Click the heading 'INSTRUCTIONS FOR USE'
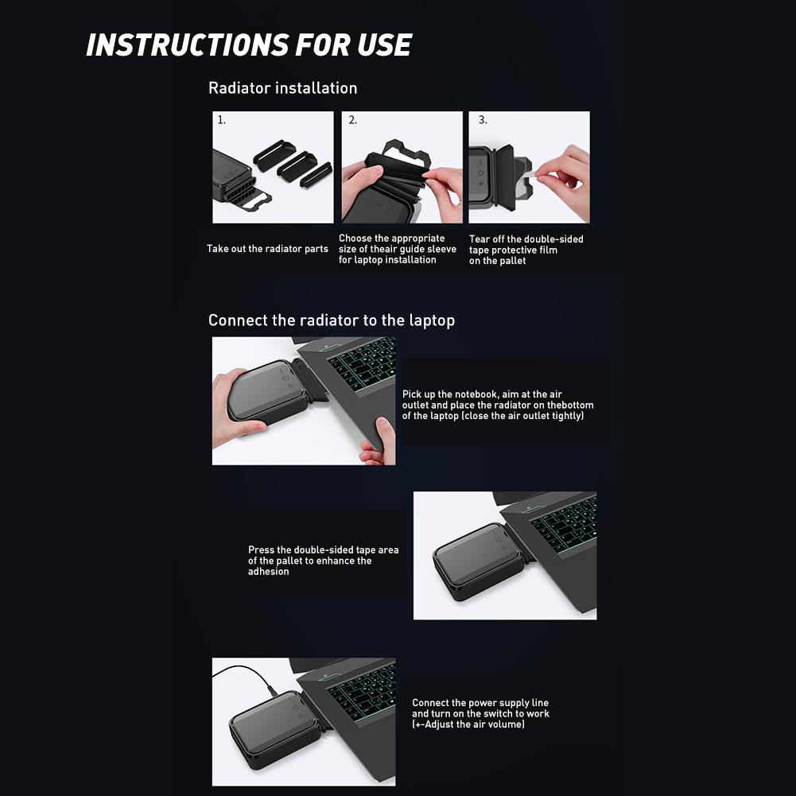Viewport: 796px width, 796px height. tap(249, 45)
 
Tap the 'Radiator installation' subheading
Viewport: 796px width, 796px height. tap(283, 87)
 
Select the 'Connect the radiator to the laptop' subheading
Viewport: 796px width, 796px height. tap(332, 320)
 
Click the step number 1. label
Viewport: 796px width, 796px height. tap(221, 120)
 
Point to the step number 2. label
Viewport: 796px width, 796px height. tap(353, 120)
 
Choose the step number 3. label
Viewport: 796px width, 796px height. tap(483, 120)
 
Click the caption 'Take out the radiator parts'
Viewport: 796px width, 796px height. tap(267, 249)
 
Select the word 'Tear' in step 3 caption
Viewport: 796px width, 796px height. tap(480, 239)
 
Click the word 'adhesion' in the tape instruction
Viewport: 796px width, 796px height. tap(269, 572)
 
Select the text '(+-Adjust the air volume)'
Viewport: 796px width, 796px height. tap(468, 724)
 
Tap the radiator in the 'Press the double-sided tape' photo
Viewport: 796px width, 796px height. tap(479, 561)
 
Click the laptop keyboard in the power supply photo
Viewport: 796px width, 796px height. tap(363, 688)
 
